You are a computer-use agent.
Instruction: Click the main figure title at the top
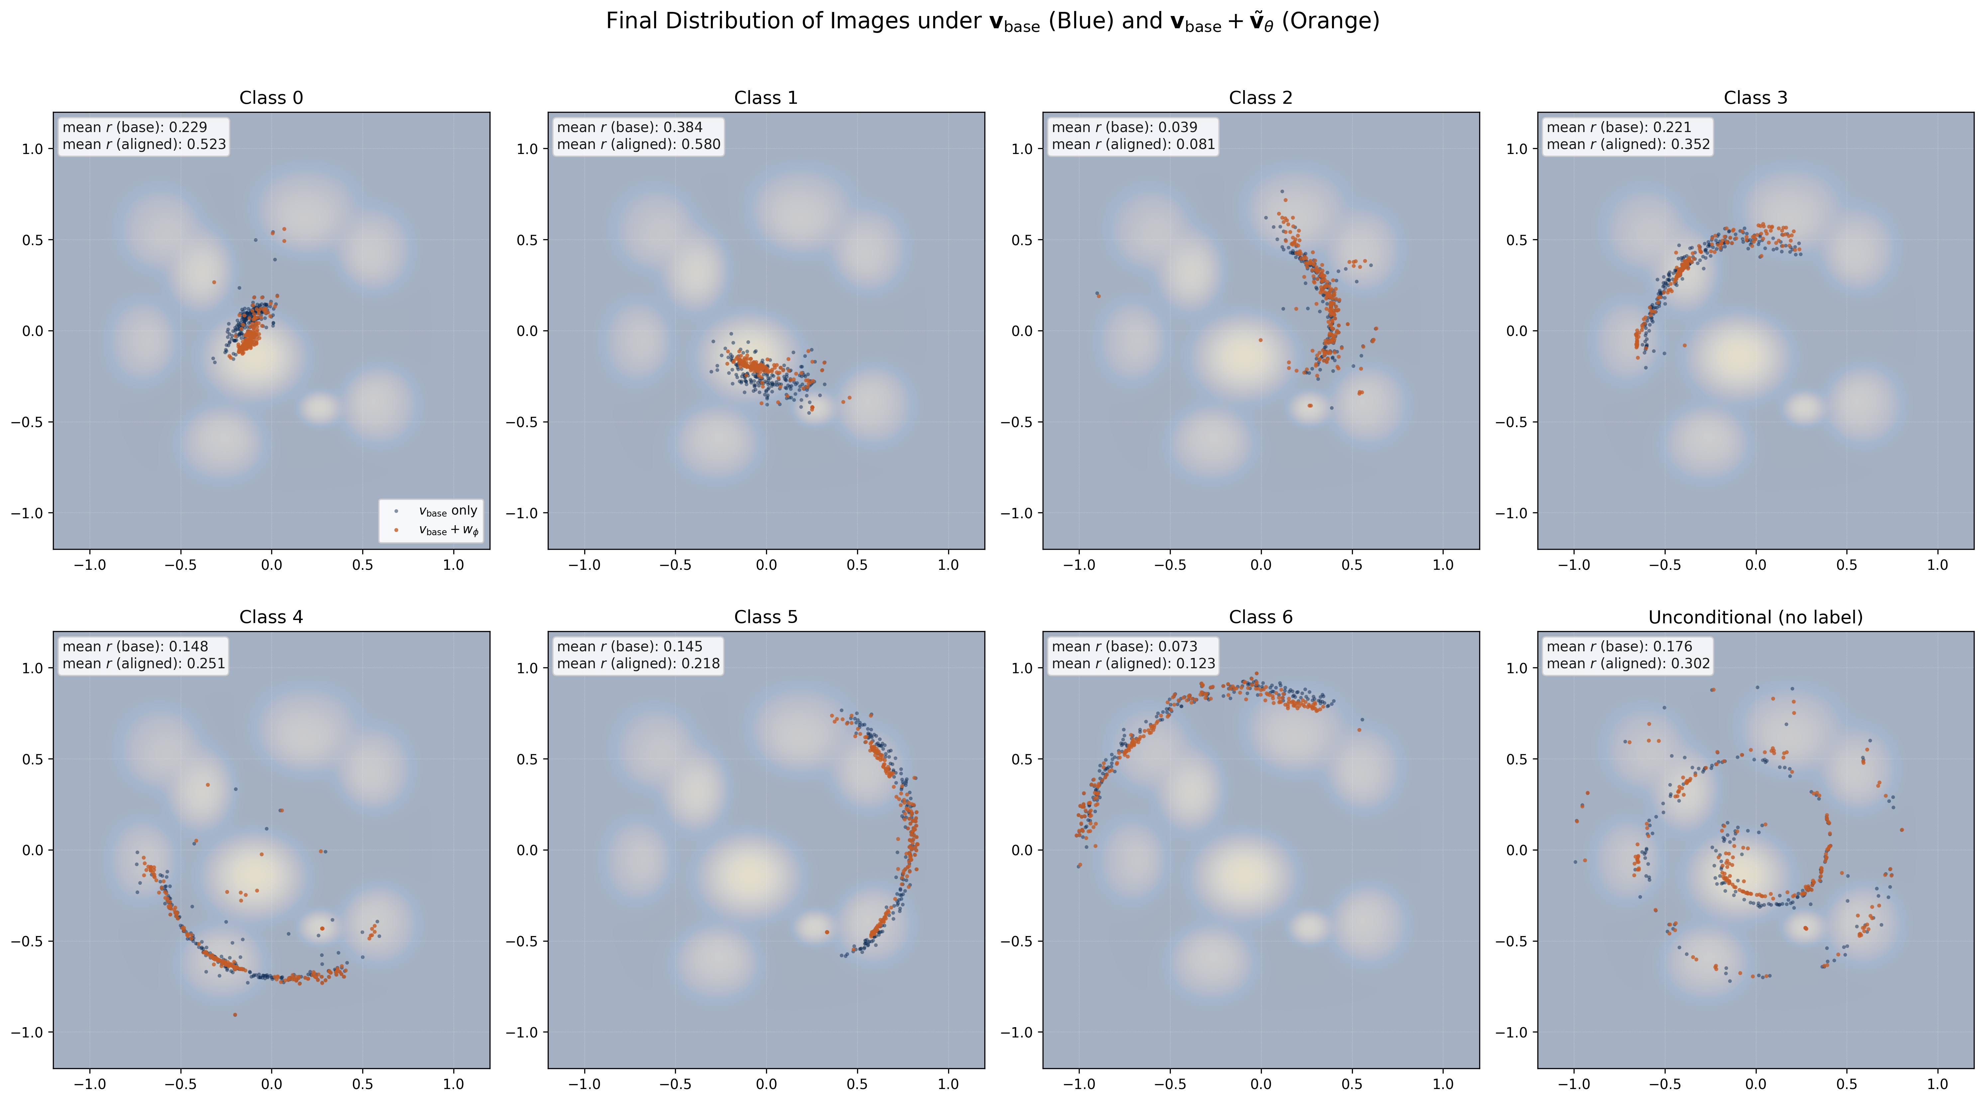992,22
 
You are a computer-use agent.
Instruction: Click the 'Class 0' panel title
271,98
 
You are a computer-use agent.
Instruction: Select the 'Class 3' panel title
1755,98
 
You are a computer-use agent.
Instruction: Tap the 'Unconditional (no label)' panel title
1755,617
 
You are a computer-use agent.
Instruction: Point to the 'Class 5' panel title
766,617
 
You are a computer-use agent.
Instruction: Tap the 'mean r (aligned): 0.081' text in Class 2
1133,144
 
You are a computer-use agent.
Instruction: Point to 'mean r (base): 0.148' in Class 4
135,647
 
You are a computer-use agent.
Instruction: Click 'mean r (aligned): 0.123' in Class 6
1133,664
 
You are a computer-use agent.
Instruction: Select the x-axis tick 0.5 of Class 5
857,1084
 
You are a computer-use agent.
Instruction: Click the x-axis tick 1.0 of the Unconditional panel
1938,1084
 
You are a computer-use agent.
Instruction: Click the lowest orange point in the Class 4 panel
235,1015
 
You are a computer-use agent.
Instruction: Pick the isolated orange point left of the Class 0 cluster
214,282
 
